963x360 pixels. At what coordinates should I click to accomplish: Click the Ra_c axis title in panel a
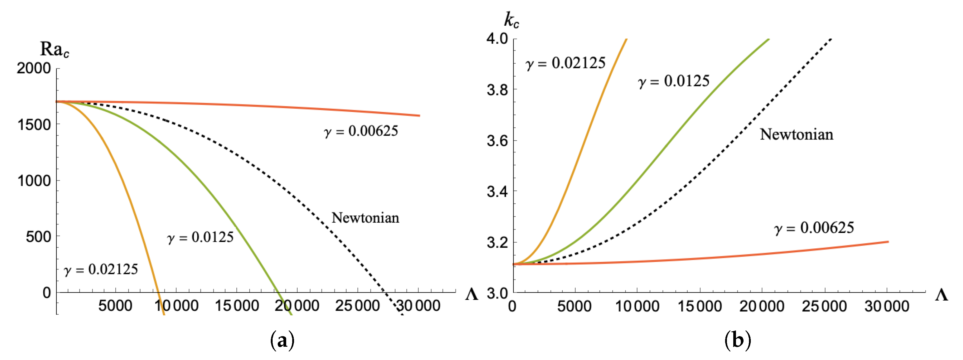pyautogui.click(x=54, y=49)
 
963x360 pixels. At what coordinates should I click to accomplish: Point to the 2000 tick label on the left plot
pyautogui.click(x=34, y=68)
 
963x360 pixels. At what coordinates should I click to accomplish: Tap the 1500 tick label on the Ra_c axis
pyautogui.click(x=34, y=125)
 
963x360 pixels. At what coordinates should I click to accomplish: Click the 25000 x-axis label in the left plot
pyautogui.click(x=357, y=306)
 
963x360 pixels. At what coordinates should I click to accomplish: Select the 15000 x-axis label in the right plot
pyautogui.click(x=699, y=307)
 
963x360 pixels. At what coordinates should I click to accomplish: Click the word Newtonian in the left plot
pyautogui.click(x=365, y=218)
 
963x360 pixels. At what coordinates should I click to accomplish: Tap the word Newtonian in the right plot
pyautogui.click(x=796, y=135)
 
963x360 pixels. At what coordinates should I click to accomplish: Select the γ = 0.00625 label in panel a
pyautogui.click(x=361, y=131)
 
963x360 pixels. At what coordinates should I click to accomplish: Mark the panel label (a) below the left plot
pyautogui.click(x=282, y=341)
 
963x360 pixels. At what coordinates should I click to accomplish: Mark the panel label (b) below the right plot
pyautogui.click(x=737, y=341)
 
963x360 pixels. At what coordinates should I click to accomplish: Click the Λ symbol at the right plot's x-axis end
pyautogui.click(x=941, y=295)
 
